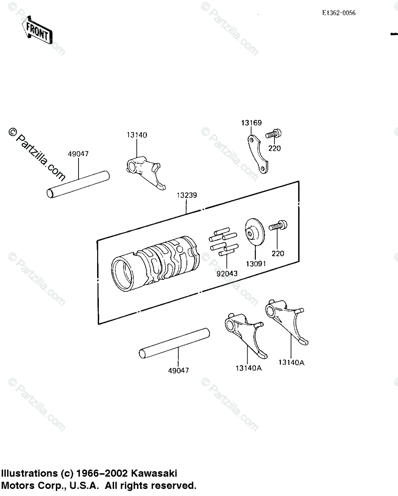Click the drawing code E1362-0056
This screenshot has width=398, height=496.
(338, 13)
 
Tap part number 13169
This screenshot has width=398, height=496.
(252, 123)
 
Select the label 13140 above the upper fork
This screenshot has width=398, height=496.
(137, 135)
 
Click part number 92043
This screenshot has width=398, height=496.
(224, 273)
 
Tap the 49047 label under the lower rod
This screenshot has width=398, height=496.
(178, 370)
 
